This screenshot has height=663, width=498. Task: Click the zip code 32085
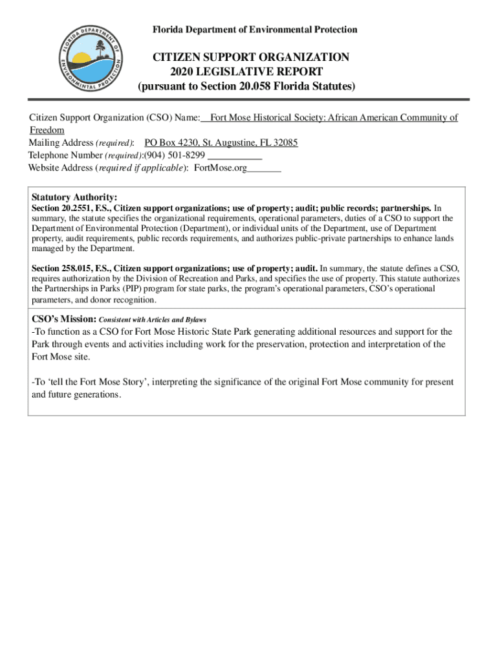click(285, 143)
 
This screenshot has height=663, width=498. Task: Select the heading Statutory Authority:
click(74, 197)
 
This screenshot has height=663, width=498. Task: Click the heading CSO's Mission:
click(64, 319)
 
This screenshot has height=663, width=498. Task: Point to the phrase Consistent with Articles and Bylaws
click(153, 320)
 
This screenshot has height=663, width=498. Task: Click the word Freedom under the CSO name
click(47, 130)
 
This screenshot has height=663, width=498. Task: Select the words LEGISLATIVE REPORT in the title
click(263, 71)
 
